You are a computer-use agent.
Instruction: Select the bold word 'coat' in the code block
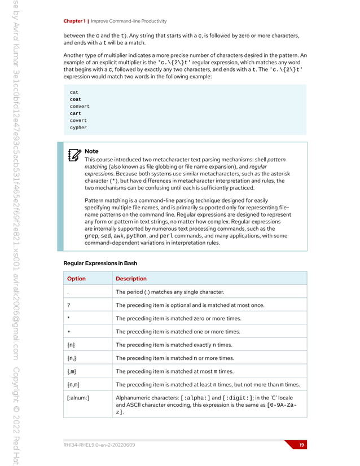[x=76, y=99]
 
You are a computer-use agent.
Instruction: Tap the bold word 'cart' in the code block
[x=76, y=113]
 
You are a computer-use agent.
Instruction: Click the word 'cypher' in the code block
[x=78, y=128]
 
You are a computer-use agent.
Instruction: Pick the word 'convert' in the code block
[x=80, y=107]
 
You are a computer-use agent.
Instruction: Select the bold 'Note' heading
[x=91, y=151]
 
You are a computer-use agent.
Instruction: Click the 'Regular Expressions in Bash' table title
[x=100, y=263]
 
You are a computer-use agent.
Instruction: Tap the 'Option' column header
[x=76, y=278]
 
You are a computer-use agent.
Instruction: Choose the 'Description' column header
[x=131, y=278]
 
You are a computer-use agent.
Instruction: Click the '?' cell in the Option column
[x=68, y=305]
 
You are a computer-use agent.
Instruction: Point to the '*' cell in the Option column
[x=68, y=319]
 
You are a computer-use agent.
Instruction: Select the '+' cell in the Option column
[x=68, y=332]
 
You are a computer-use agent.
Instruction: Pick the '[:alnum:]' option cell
[x=78, y=398]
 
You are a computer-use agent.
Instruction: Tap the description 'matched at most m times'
[x=174, y=371]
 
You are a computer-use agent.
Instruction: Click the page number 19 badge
[x=302, y=445]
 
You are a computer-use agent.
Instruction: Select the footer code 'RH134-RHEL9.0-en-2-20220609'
[x=100, y=445]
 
